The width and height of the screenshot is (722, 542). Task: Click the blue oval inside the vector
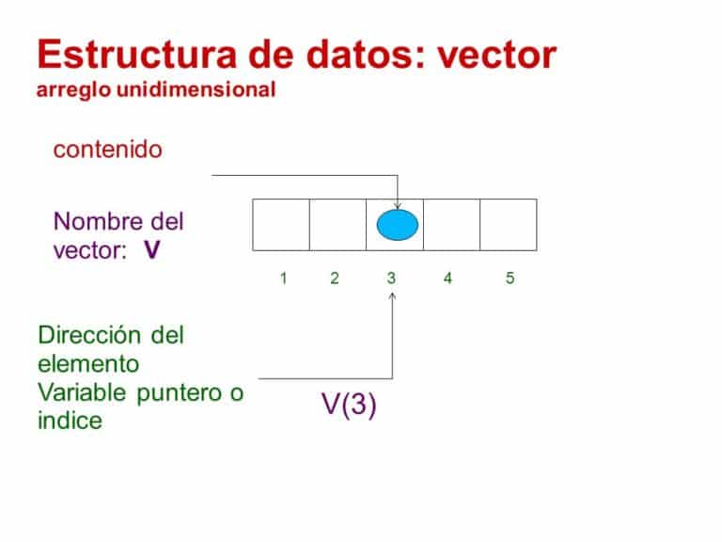coord(397,226)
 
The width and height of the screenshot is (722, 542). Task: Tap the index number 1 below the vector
coord(283,279)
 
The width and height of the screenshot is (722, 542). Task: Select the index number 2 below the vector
coord(335,279)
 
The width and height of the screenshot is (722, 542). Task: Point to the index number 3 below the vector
coord(391,279)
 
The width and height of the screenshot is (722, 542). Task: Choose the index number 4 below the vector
coord(447,279)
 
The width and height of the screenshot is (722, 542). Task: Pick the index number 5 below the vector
coord(510,279)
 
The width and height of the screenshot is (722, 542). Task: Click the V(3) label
coord(349,406)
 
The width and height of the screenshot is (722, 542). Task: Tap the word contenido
coord(108,150)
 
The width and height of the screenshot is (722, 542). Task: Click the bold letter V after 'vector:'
coord(151,251)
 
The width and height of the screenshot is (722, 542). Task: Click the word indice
coord(70,421)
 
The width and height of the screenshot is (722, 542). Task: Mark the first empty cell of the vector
coord(281,225)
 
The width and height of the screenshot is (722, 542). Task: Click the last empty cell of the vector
coord(508,225)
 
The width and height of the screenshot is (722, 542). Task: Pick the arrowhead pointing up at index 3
coord(392,296)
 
